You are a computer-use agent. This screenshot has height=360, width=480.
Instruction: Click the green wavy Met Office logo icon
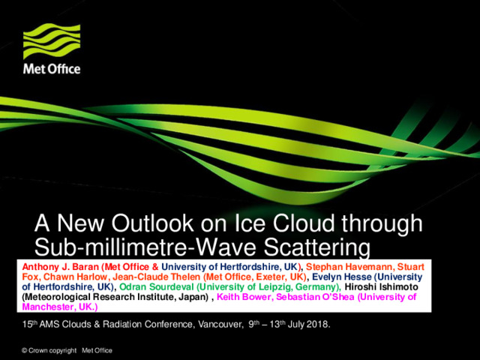coord(52,41)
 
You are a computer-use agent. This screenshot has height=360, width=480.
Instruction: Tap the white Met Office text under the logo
coord(52,69)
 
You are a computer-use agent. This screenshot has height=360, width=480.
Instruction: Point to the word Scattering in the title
coord(316,247)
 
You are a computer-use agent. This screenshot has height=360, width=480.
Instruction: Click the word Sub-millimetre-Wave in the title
coord(147,247)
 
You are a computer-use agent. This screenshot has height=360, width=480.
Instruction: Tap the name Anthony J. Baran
coord(60,267)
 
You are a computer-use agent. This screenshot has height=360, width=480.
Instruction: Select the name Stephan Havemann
coord(349,267)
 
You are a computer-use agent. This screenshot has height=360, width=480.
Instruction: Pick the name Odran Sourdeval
coord(157,286)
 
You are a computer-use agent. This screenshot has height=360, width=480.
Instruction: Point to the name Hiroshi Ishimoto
coord(382,286)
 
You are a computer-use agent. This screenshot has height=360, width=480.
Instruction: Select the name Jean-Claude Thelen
coord(156,277)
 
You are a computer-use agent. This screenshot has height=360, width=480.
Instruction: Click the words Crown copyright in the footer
coord(52,350)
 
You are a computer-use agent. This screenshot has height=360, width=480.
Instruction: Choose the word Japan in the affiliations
coord(194,297)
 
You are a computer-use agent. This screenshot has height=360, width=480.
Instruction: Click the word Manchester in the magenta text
coord(49,307)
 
